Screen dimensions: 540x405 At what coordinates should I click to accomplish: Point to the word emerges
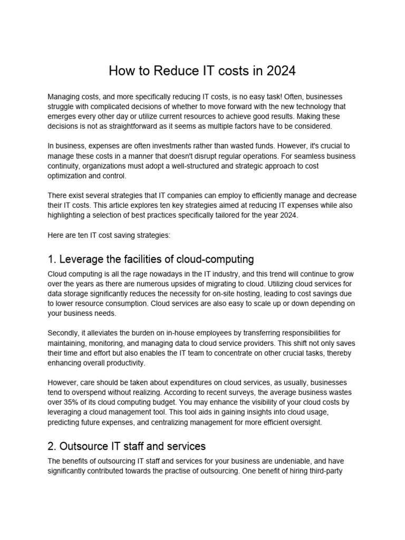tap(63, 116)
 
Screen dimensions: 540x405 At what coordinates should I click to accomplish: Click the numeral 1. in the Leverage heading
tap(52, 259)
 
